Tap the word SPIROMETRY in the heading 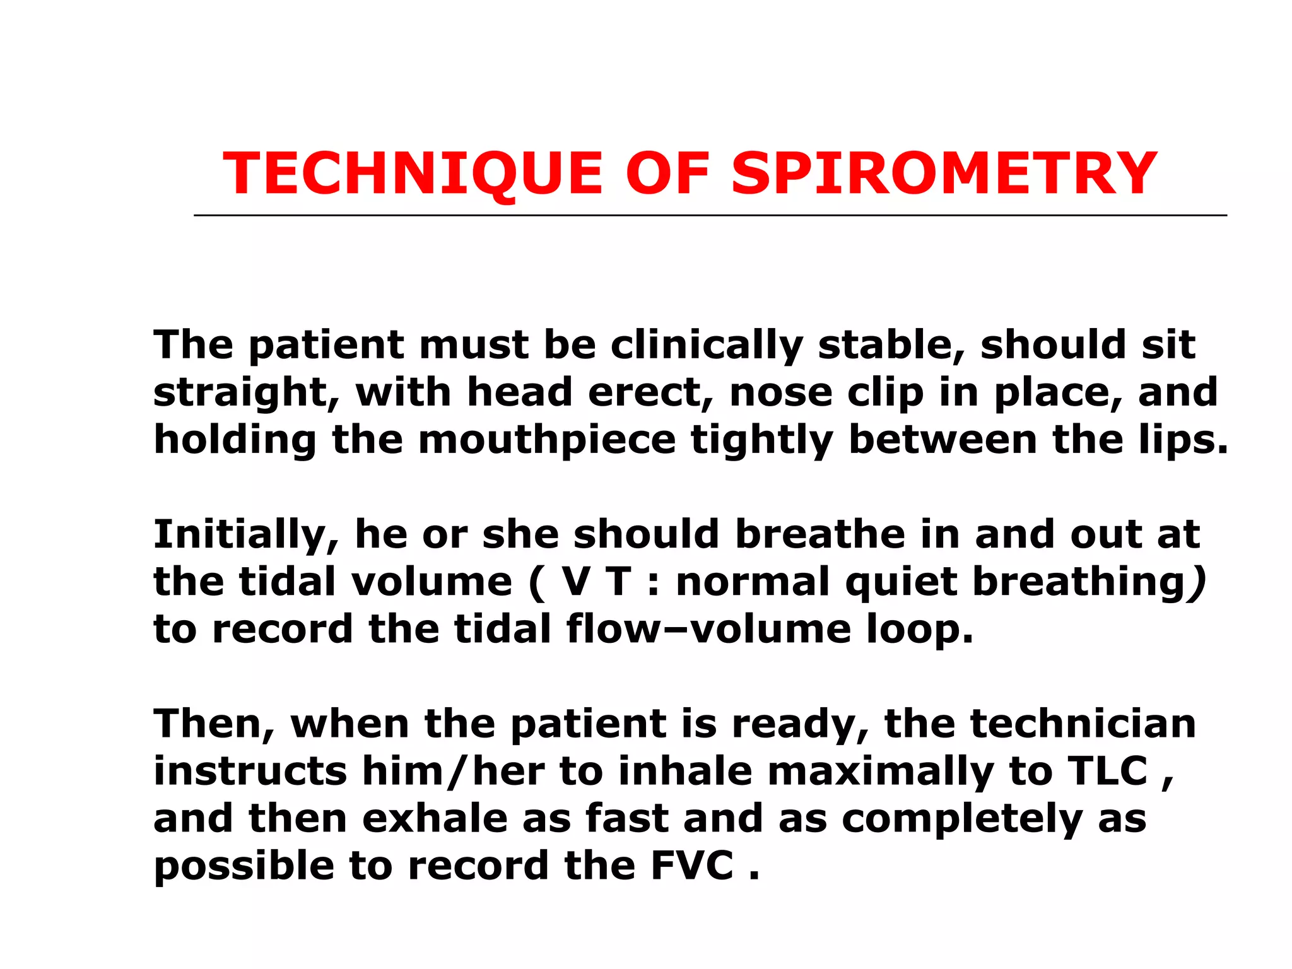[x=944, y=174]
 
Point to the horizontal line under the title [x=710, y=216]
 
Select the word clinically [x=707, y=346]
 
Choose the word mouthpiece [x=547, y=440]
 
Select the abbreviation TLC [x=1107, y=771]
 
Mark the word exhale [x=435, y=818]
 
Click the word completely [x=961, y=819]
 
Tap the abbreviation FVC [x=692, y=866]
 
